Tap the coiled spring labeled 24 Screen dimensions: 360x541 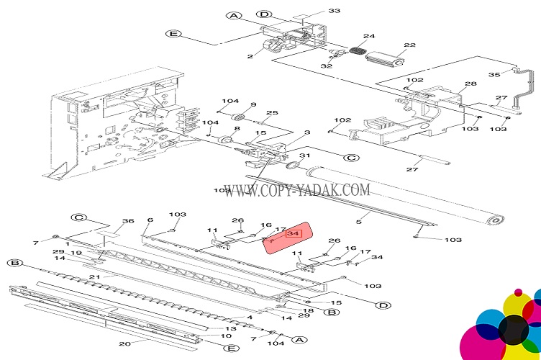(x=358, y=53)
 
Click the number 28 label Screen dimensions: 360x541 (x=450, y=84)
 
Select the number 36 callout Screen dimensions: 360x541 (x=128, y=221)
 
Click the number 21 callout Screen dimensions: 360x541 (x=93, y=277)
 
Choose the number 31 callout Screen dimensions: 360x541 (x=305, y=156)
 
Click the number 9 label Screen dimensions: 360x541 (x=253, y=104)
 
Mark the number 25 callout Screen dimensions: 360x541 (x=273, y=113)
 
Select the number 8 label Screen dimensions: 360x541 (x=237, y=129)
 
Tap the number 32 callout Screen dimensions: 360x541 (x=327, y=66)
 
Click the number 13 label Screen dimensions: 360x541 (x=231, y=328)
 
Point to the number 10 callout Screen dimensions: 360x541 (x=226, y=336)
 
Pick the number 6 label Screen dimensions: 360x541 (x=150, y=220)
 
